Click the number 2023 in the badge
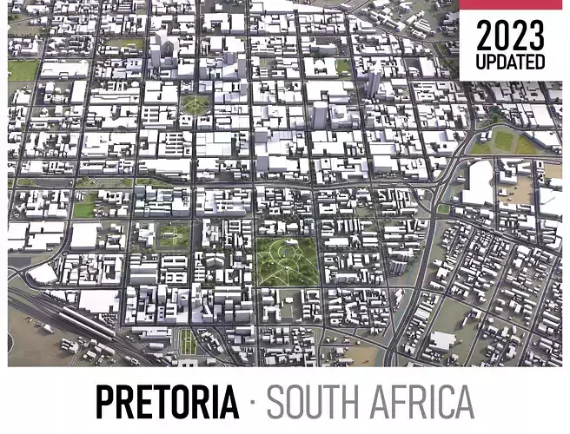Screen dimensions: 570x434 [510, 36]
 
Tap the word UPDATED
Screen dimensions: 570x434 [510, 62]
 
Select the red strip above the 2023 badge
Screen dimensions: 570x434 [510, 4]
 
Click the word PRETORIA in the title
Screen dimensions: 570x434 [167, 401]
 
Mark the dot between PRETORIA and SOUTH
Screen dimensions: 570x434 [252, 402]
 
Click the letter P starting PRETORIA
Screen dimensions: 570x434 [105, 401]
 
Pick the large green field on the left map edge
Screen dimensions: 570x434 [22, 69]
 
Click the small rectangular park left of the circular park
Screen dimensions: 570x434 [173, 234]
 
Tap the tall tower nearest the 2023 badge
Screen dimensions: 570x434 [374, 82]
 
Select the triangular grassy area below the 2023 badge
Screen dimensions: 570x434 [504, 139]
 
